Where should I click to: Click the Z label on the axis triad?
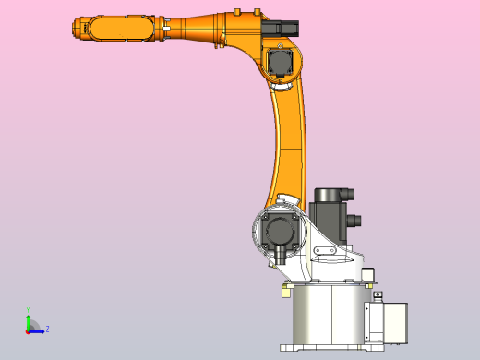pyautogui.click(x=47, y=329)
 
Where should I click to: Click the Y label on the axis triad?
pyautogui.click(x=28, y=311)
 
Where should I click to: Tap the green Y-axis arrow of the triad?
pyautogui.click(x=28, y=321)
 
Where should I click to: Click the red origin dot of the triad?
pyautogui.click(x=28, y=330)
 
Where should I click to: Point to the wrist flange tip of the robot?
pyautogui.click(x=75, y=30)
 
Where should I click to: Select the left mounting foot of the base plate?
pyautogui.click(x=287, y=347)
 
